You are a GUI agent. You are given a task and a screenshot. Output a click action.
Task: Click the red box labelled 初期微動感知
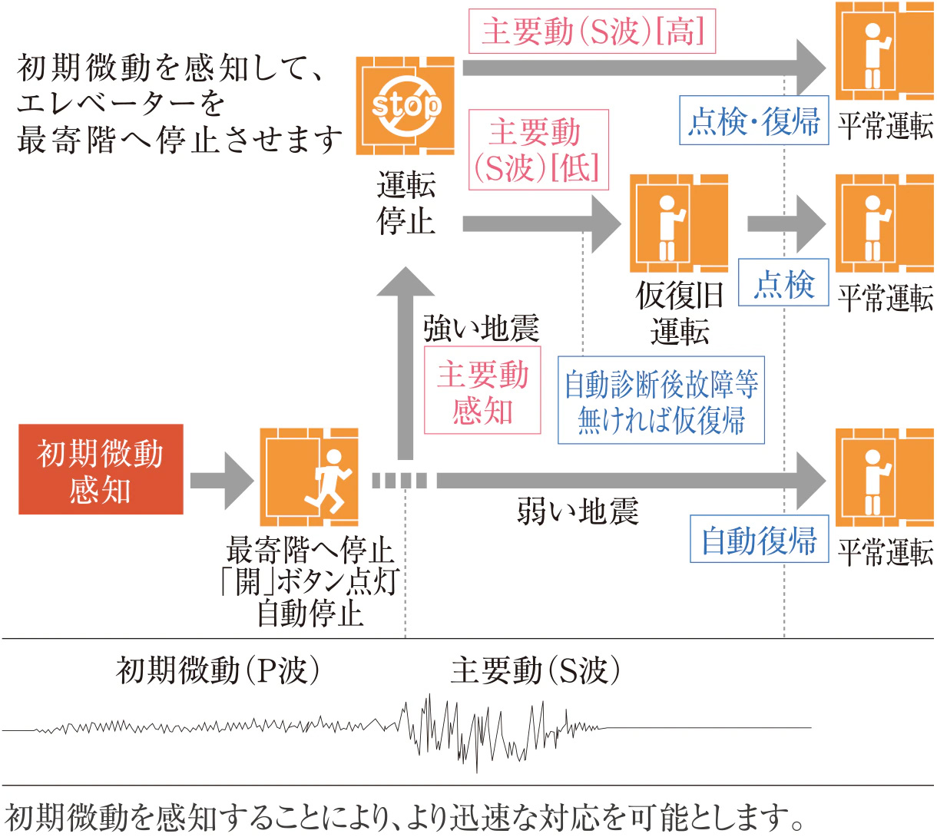click(101, 469)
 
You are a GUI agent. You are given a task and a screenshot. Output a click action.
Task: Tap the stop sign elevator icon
click(406, 105)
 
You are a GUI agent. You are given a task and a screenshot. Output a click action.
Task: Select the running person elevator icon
click(310, 477)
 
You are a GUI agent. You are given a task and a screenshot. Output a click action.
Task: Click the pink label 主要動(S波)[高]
click(592, 32)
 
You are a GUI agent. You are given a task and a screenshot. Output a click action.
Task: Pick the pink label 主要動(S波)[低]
click(538, 150)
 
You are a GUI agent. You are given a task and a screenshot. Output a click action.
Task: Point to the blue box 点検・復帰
click(753, 121)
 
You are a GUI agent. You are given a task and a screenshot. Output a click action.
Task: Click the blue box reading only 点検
click(783, 283)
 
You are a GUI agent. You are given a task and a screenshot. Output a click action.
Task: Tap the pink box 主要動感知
click(482, 391)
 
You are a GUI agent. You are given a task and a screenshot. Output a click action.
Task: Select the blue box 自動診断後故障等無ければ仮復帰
click(661, 400)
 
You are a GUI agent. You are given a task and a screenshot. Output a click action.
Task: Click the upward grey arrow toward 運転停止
click(405, 361)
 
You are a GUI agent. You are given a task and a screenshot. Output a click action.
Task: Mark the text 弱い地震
click(578, 511)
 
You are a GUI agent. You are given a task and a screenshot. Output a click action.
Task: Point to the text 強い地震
click(481, 329)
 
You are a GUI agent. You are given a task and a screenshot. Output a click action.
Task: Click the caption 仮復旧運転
click(679, 313)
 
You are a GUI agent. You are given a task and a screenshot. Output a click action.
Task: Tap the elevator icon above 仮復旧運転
click(679, 223)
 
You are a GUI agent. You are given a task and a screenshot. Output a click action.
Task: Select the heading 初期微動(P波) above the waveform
click(218, 670)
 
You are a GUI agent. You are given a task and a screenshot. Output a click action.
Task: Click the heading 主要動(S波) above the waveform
click(535, 670)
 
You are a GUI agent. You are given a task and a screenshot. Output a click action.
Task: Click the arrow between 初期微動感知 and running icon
click(221, 481)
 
